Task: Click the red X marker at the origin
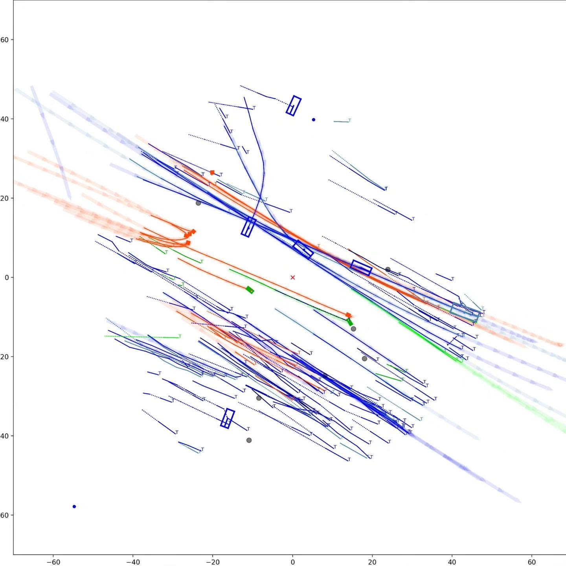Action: (292, 277)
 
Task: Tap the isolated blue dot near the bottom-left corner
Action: (74, 507)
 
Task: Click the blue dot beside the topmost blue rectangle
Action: (313, 119)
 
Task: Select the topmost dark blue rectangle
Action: (294, 106)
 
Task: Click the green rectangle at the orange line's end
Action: (250, 290)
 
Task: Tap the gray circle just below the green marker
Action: (353, 329)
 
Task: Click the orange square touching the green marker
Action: (348, 315)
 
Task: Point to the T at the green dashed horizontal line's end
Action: (180, 336)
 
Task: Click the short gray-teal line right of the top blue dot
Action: (341, 121)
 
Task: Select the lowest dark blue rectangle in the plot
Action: (228, 419)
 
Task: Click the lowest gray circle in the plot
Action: (249, 440)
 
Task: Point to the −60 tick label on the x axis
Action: (53, 562)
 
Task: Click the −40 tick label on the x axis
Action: (133, 562)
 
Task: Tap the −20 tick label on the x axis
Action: (213, 562)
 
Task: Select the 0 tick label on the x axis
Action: (292, 562)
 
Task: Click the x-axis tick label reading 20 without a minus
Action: (372, 562)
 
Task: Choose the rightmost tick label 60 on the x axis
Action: (531, 562)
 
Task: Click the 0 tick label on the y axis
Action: (6, 277)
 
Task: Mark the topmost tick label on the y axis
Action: (5, 40)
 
